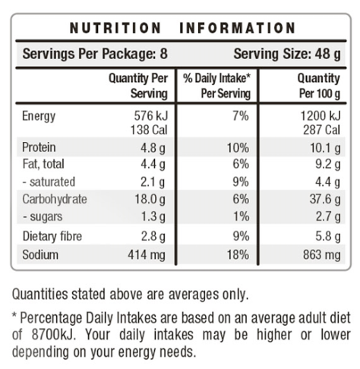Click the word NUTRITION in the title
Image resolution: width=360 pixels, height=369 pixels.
[115, 28]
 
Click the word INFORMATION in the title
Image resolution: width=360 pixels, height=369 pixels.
[238, 28]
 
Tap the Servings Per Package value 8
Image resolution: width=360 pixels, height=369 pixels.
[164, 54]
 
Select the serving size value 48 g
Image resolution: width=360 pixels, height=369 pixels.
[327, 54]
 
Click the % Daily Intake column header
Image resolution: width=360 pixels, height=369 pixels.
[217, 86]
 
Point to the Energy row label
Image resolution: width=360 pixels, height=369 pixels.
[39, 116]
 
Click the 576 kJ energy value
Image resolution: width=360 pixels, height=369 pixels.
[151, 116]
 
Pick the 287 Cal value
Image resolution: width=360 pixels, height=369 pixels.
[321, 130]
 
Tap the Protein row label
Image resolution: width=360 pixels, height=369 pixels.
[39, 147]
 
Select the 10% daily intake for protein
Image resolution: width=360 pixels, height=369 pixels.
[238, 147]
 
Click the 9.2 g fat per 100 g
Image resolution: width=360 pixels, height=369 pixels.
[328, 165]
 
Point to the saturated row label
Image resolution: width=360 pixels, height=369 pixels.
[49, 181]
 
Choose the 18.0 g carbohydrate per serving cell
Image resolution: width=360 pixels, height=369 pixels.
[150, 199]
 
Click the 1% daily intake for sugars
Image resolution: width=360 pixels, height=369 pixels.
[241, 216]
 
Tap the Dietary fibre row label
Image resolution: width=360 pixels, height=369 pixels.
[52, 236]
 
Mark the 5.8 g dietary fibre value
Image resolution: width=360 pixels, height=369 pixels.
[328, 237]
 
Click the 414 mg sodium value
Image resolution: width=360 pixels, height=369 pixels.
[147, 254]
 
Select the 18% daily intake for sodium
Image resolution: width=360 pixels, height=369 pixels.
[238, 254]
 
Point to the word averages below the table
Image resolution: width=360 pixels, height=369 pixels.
[194, 295]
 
